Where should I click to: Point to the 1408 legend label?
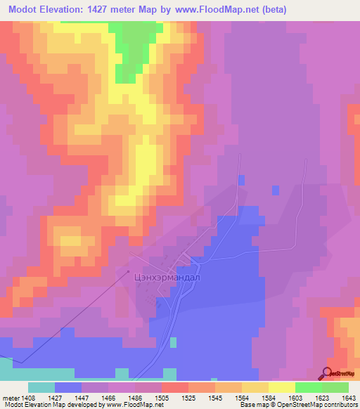coord(28,396)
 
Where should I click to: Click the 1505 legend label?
coord(161,396)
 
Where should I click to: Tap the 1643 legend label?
coord(349,396)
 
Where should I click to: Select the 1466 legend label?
coord(108,396)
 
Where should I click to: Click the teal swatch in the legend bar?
coord(41,387)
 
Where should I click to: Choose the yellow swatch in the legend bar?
coord(281,387)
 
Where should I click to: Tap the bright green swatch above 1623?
coord(308,387)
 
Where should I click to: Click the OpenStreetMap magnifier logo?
coord(328,373)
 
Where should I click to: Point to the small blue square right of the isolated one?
coord(276,190)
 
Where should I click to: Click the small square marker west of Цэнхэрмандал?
coord(128,271)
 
